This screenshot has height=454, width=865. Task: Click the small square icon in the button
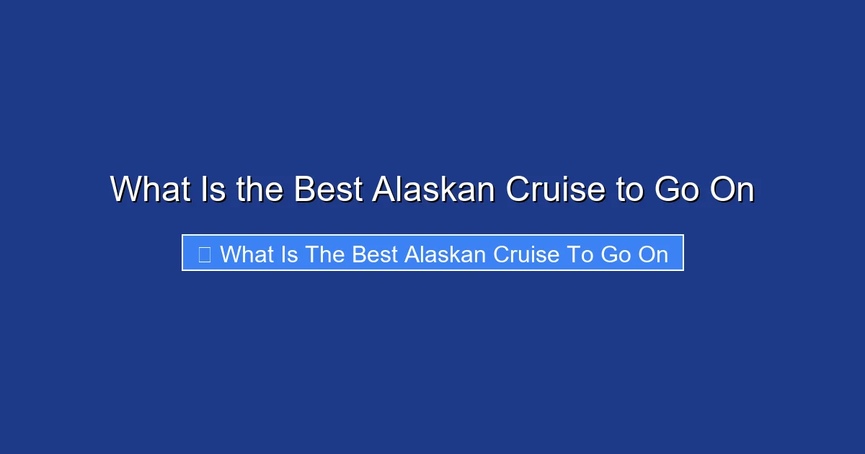tap(204, 254)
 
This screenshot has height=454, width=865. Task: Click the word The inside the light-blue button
tap(325, 254)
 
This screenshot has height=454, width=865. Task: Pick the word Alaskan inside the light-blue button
tap(446, 254)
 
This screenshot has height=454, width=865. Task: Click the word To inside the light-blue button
tap(580, 254)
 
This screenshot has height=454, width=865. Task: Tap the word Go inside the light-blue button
tap(615, 254)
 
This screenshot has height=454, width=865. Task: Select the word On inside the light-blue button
tap(653, 254)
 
